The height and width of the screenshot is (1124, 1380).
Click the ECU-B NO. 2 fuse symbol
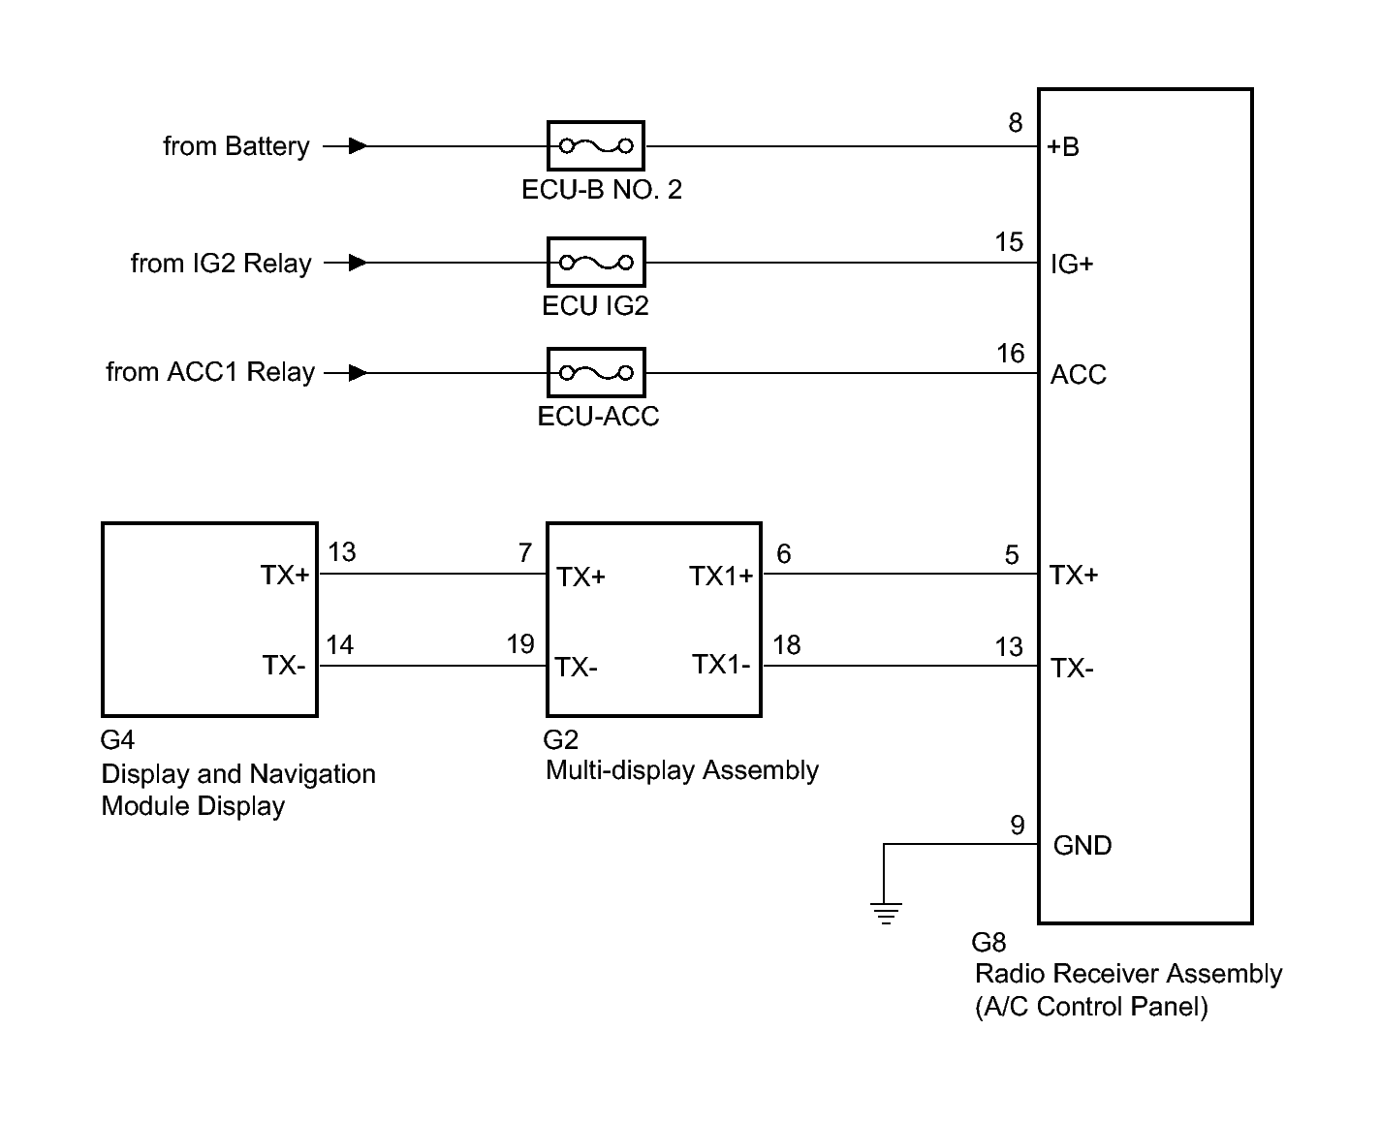pyautogui.click(x=595, y=145)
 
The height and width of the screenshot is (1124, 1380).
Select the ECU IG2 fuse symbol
pyautogui.click(x=596, y=263)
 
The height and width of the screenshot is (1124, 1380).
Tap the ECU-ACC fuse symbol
pyautogui.click(x=596, y=372)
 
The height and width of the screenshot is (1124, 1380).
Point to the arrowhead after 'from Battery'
pyautogui.click(x=358, y=145)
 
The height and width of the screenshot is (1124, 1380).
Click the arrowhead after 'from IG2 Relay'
pyautogui.click(x=358, y=263)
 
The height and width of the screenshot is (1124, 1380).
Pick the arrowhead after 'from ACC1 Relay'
pyautogui.click(x=358, y=372)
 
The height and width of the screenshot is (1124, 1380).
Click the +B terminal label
pyautogui.click(x=1063, y=147)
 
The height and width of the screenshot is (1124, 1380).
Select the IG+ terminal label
pyautogui.click(x=1072, y=264)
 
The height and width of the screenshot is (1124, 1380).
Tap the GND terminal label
pyautogui.click(x=1082, y=846)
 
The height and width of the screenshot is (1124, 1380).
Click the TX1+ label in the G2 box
pyautogui.click(x=721, y=576)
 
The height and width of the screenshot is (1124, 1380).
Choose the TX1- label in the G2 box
pyautogui.click(x=721, y=664)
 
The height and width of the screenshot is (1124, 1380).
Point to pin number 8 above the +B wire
pyautogui.click(x=1016, y=122)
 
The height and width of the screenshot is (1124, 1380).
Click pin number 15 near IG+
pyautogui.click(x=1009, y=242)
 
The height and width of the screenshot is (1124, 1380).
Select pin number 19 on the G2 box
pyautogui.click(x=520, y=644)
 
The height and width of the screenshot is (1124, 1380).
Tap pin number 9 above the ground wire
pyautogui.click(x=1018, y=826)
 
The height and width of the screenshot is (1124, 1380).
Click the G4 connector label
pyautogui.click(x=117, y=740)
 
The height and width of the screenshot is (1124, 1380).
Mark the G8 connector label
pyautogui.click(x=988, y=943)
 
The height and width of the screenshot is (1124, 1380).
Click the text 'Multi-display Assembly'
pyautogui.click(x=682, y=771)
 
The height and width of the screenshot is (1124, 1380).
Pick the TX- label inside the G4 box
pyautogui.click(x=284, y=666)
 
